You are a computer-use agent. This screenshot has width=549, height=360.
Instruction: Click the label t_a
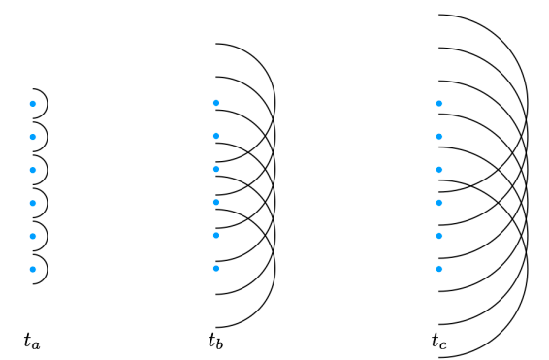[x=31, y=341]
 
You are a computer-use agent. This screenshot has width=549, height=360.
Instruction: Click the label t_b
[x=214, y=341]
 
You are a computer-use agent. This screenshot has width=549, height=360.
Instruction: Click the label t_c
[x=438, y=341]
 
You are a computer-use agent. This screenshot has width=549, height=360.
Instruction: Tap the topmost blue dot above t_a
[x=32, y=104]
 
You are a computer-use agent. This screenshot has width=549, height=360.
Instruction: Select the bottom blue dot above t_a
[x=32, y=269]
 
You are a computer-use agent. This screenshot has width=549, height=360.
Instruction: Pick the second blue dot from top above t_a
[x=32, y=137]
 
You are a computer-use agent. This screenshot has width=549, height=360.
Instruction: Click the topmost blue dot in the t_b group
[x=215, y=103]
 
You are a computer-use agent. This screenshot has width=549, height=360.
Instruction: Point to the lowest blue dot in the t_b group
[x=215, y=268]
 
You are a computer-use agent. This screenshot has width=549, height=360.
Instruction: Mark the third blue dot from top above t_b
[x=215, y=169]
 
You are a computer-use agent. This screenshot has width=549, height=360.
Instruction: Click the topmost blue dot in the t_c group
[x=438, y=103]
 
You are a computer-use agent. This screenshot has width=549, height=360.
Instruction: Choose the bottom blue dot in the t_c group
[x=438, y=268]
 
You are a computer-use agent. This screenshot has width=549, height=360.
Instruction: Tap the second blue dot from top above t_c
[x=438, y=136]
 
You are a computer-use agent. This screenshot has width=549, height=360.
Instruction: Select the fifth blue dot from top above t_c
[x=438, y=235]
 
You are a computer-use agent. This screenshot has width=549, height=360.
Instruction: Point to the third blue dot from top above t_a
[x=32, y=170]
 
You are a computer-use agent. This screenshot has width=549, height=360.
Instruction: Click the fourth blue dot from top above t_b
[x=215, y=202]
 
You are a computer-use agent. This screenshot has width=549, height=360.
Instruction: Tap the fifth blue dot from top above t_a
[x=32, y=236]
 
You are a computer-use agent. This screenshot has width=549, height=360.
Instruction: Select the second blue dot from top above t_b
[x=215, y=136]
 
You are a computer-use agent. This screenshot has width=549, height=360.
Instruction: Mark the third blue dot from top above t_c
[x=438, y=169]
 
